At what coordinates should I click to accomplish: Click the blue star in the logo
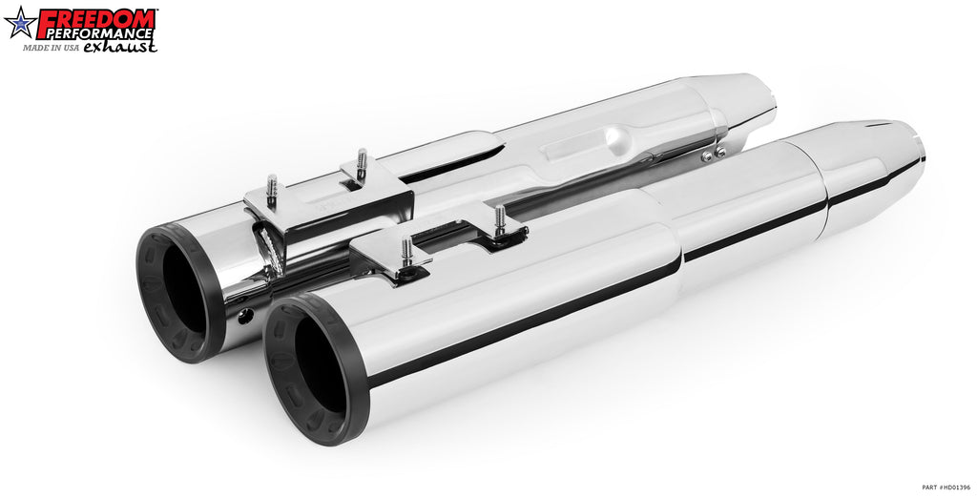point(20,23)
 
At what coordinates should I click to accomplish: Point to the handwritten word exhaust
point(119,47)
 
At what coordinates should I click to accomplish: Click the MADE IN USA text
point(52,48)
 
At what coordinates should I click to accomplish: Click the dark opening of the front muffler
point(319,367)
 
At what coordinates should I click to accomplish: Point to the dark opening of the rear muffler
point(184,290)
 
